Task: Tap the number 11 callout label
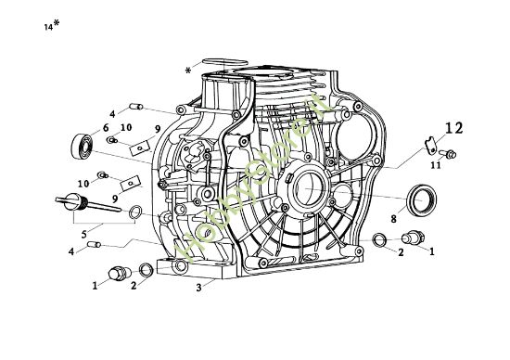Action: pyautogui.click(x=435, y=164)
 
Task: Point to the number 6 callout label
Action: pyautogui.click(x=107, y=127)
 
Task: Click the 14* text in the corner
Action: pyautogui.click(x=51, y=26)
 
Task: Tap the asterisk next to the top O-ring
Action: pyautogui.click(x=188, y=70)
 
